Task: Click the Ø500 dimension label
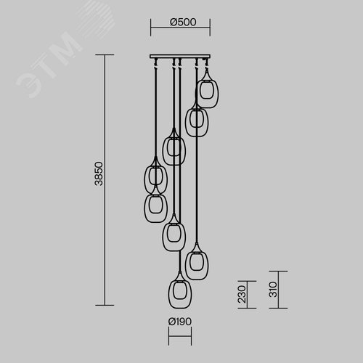pyautogui.click(x=183, y=22)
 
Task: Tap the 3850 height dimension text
pyautogui.click(x=99, y=174)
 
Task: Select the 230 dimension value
pyautogui.click(x=242, y=294)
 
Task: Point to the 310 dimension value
pyautogui.click(x=273, y=290)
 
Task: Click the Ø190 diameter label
pyautogui.click(x=180, y=322)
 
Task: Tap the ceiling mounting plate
pyautogui.click(x=180, y=57)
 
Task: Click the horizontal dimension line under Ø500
pyautogui.click(x=180, y=27)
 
